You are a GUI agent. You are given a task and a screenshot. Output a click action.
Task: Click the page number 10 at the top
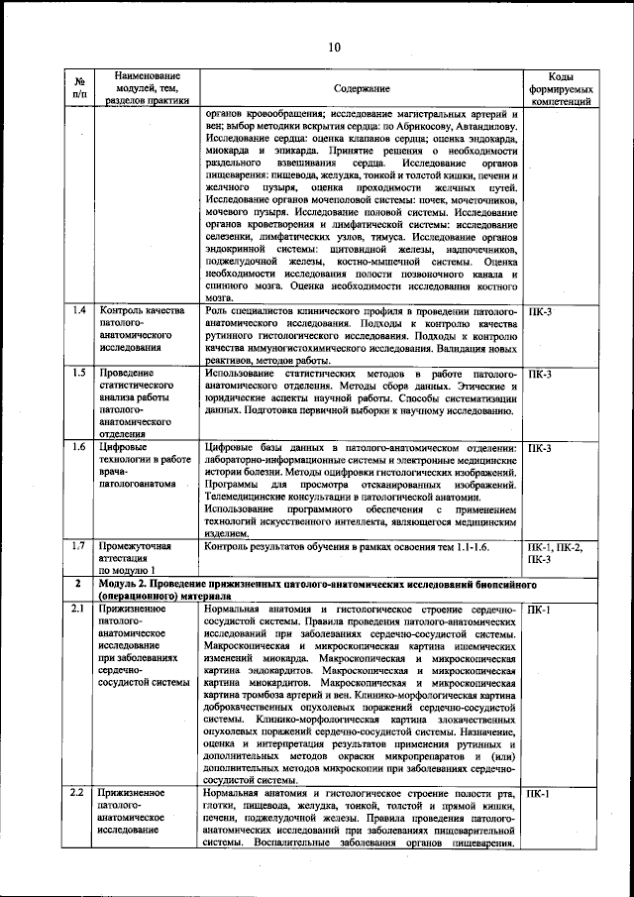tap(334, 48)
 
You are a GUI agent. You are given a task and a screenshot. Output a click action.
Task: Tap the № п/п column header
tap(79, 89)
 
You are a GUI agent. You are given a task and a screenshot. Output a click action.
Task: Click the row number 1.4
tap(79, 312)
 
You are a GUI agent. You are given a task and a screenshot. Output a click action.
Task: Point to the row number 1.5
tap(79, 374)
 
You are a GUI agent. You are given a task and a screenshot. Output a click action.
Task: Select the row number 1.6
tap(79, 448)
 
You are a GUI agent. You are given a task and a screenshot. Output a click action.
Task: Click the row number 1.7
tap(79, 546)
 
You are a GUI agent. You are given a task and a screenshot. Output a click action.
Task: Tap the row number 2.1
tap(79, 609)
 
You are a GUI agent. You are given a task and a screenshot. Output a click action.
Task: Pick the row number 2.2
tap(79, 794)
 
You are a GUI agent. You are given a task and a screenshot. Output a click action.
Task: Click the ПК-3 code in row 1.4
tap(541, 312)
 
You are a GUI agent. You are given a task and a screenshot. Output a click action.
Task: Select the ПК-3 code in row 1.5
tap(541, 374)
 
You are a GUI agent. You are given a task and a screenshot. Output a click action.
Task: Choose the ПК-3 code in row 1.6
tap(541, 448)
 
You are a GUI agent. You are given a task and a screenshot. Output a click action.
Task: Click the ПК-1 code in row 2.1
tap(541, 609)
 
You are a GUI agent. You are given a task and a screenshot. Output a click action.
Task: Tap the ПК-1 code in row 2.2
tap(541, 794)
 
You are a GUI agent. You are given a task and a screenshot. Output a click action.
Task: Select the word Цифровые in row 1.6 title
tap(124, 448)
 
